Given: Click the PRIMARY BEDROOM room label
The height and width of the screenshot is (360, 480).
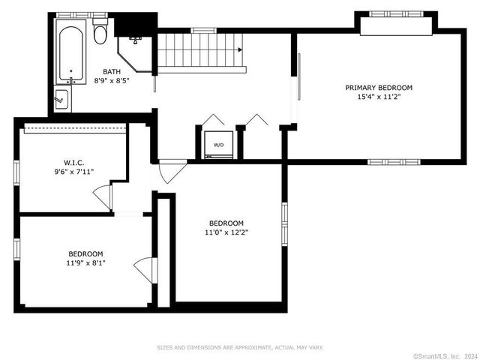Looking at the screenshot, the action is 379,88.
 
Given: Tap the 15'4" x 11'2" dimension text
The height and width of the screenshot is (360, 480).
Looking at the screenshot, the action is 379,97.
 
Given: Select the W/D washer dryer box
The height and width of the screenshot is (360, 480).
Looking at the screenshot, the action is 218,145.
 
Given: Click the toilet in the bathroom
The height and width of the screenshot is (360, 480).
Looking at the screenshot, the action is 100,31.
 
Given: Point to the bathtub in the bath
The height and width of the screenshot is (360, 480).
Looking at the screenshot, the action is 70,52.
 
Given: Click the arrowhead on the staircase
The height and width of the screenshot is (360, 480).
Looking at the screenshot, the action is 240,49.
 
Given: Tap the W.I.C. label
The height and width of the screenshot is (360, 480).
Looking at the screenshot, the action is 73,162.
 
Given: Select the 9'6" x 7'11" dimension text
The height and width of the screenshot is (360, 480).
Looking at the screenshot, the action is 73,172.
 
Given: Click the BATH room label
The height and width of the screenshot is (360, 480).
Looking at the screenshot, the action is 112,72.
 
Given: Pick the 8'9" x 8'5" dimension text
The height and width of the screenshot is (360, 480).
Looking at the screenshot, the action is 112,81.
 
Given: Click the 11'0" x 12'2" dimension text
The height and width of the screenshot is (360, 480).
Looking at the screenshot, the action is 226,232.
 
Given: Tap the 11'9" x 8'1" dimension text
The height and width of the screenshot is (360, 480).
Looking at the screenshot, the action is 85,263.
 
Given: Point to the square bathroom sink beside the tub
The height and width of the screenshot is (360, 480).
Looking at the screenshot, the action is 62,99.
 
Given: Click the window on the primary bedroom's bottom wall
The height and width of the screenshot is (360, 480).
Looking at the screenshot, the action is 394,162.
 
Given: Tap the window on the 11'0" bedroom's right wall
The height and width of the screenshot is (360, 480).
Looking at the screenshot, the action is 285,224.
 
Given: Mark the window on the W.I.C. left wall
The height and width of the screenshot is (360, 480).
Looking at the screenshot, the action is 16,173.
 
